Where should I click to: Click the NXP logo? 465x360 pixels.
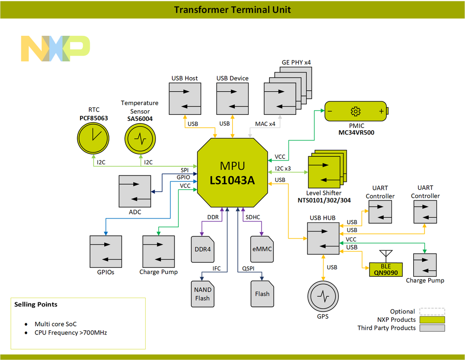[55, 48]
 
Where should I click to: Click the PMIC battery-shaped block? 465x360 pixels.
[356, 111]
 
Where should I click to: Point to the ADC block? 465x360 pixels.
[135, 191]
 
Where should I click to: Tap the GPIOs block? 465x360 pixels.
[106, 252]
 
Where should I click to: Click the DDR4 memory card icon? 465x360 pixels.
[202, 249]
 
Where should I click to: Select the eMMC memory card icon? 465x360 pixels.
[262, 249]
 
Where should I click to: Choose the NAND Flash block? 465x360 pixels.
[202, 294]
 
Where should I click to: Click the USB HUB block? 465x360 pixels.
[323, 238]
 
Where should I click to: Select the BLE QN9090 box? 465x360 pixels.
[386, 269]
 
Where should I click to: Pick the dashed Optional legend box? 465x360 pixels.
[431, 312]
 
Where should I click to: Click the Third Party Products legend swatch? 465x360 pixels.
[431, 328]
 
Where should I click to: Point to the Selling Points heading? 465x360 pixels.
[36, 304]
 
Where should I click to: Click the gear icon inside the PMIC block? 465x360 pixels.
[356, 111]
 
